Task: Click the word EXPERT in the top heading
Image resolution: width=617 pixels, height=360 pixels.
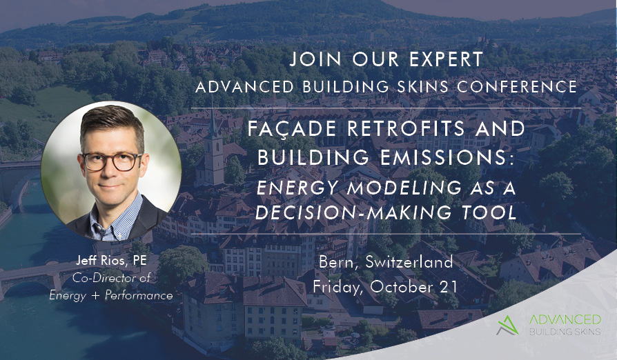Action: (447, 59)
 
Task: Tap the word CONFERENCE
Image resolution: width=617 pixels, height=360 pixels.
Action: (517, 87)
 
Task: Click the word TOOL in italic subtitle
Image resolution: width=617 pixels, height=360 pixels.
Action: (489, 212)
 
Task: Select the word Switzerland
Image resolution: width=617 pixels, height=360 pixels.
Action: (409, 262)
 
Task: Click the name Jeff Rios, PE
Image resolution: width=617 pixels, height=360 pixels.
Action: (111, 261)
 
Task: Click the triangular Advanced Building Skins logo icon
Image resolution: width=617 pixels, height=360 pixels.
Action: (508, 326)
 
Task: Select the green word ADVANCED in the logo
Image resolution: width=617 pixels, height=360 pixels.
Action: (565, 319)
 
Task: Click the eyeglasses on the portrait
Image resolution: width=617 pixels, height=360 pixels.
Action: (111, 161)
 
